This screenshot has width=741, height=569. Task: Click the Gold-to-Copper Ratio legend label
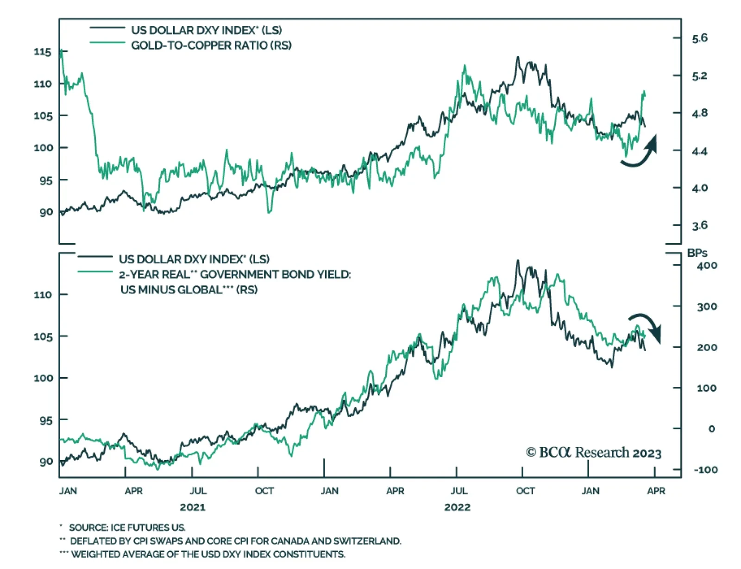211,45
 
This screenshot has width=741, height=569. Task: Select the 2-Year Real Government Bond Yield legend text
235,274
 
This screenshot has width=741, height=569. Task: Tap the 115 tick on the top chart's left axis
43,51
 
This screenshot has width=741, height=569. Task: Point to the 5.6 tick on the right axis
700,38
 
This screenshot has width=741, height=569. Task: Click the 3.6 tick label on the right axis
700,226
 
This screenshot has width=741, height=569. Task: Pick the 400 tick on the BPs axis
707,266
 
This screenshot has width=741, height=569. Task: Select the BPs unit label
697,253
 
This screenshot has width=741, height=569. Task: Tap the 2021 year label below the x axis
192,507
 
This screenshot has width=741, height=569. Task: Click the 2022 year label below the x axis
457,507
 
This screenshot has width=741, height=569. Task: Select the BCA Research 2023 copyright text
594,453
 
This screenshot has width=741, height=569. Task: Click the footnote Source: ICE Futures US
127,528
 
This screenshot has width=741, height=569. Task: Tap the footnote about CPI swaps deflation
235,541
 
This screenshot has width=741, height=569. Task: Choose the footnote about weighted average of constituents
208,555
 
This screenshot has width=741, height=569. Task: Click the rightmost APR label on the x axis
656,491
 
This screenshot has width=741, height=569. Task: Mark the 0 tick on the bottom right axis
712,429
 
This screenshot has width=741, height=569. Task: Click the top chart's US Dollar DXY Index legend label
207,30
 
